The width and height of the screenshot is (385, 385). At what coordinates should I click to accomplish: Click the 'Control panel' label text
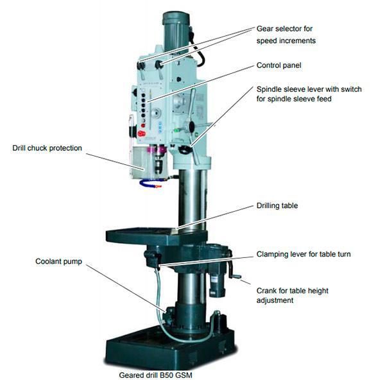pyautogui.click(x=279, y=65)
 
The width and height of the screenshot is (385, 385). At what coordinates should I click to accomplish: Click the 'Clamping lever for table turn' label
pyautogui.click(x=304, y=254)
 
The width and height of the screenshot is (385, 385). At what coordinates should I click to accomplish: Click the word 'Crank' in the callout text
pyautogui.click(x=268, y=291)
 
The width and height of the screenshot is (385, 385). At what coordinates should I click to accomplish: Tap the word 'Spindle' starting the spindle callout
pyautogui.click(x=269, y=89)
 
